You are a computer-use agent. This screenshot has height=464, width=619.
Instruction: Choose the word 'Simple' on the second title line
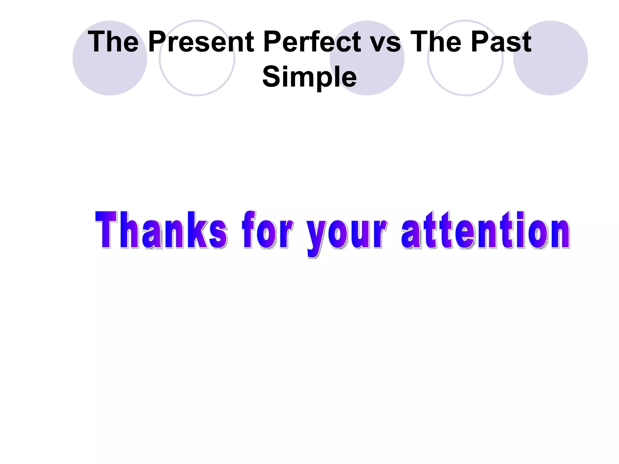pos(309,77)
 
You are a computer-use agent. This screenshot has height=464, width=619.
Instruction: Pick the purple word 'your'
pos(346,234)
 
